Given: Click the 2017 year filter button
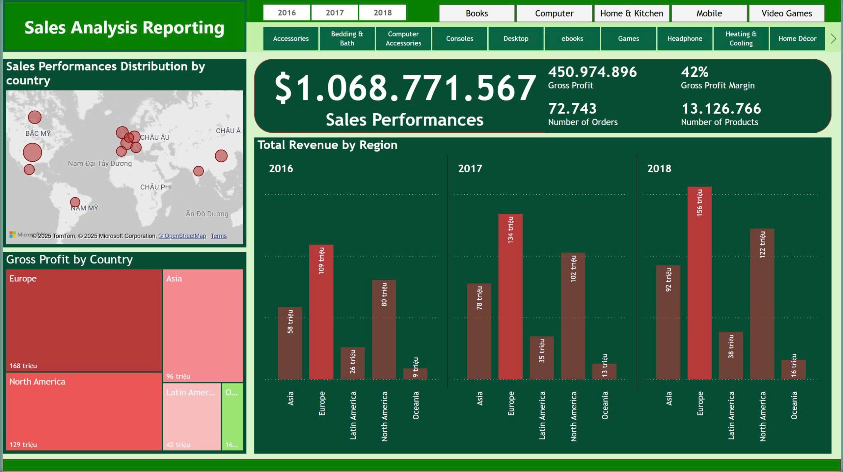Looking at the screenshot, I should [335, 13].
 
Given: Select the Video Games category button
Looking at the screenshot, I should [786, 13].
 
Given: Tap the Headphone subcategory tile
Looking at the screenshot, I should [685, 39].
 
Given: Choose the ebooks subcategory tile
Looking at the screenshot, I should [572, 39].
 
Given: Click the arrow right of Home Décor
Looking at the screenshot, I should [833, 39].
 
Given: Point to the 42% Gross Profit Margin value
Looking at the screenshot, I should [694, 72].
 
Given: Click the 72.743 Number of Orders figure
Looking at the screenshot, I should [572, 108].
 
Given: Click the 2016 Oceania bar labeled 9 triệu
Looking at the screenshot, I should [415, 374].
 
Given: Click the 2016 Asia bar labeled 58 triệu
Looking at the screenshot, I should [290, 343].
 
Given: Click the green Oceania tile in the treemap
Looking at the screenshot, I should [232, 416].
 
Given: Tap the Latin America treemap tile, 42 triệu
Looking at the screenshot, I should [192, 416].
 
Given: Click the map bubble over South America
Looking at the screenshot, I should [75, 202].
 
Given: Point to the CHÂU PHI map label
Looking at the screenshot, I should [156, 187].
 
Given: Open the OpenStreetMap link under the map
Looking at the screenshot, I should [182, 236].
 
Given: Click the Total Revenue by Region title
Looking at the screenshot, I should [327, 145].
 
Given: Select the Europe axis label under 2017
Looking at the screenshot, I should [511, 403].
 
